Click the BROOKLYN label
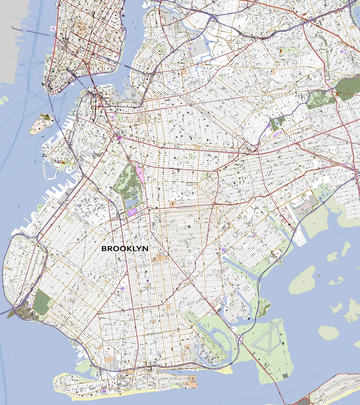coord(125,249)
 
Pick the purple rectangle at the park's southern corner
coord(132,212)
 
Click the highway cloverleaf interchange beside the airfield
coord(240,338)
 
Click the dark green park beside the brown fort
coord(42,301)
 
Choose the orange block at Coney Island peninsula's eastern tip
coord(193,383)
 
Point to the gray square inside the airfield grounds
coord(285,375)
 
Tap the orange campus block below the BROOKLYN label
coord(160,258)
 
